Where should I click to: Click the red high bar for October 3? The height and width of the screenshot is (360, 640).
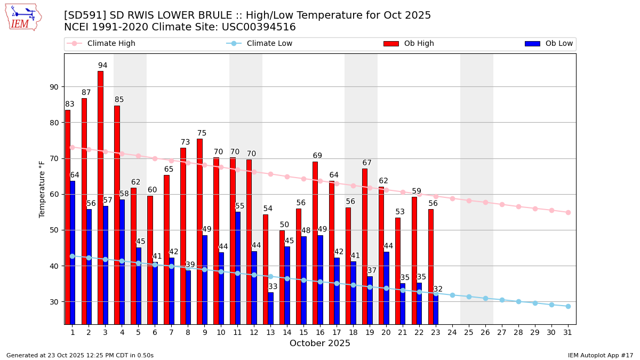click(x=100, y=197)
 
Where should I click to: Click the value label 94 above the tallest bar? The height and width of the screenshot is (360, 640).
click(x=102, y=66)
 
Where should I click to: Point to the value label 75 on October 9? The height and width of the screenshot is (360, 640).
click(x=202, y=133)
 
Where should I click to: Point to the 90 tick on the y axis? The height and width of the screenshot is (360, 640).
click(x=54, y=87)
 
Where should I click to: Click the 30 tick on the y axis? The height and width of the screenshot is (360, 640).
click(x=54, y=302)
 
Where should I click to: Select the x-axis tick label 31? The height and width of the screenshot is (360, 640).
click(x=568, y=332)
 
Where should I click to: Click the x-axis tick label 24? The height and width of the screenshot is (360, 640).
click(x=452, y=332)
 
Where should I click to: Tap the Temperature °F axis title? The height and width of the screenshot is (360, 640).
click(x=42, y=189)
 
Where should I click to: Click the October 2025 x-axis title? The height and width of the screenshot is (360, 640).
click(x=320, y=343)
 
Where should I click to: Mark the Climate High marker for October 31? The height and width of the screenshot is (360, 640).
click(x=568, y=212)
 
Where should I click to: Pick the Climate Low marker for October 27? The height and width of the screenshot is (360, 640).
click(x=502, y=300)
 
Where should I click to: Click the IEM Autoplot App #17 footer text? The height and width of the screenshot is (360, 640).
click(x=601, y=355)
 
